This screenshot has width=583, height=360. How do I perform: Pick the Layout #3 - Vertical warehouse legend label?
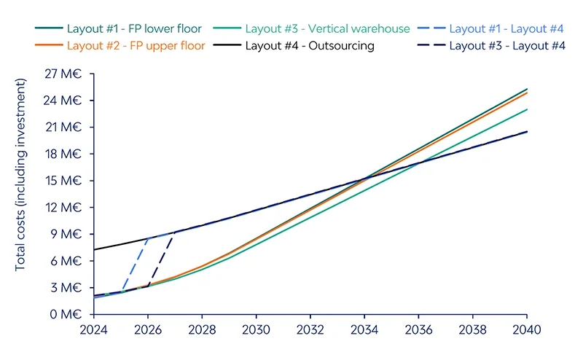[x=313, y=28]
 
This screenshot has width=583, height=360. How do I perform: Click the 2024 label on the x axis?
[x=94, y=330]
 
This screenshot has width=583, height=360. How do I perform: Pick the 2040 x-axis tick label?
[x=526, y=330]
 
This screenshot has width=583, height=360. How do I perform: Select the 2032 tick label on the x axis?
[x=310, y=330]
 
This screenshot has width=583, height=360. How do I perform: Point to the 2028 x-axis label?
[x=202, y=330]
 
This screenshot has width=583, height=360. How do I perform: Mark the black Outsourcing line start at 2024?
[x=95, y=250]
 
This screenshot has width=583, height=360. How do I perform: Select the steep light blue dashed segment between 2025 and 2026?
[x=135, y=265]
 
